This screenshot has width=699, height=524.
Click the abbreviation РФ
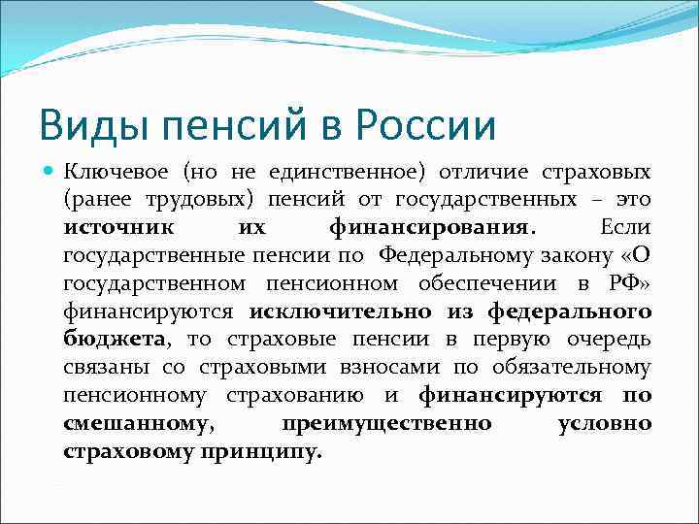tap(620, 284)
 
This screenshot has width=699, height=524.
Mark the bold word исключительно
tap(327, 312)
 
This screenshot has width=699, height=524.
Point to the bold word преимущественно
tap(386, 425)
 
